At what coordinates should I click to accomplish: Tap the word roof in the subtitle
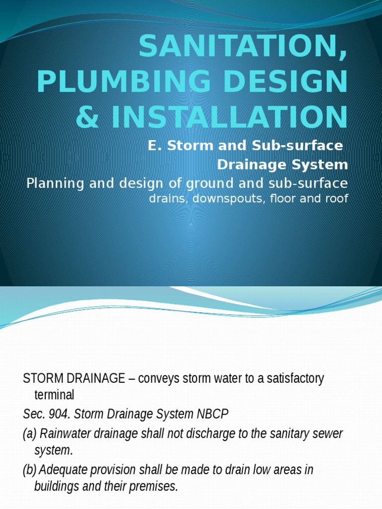337,199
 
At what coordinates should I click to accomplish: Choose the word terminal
54,395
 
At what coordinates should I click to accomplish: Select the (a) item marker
30,433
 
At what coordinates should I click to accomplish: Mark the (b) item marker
30,469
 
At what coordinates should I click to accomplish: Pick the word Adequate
62,469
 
